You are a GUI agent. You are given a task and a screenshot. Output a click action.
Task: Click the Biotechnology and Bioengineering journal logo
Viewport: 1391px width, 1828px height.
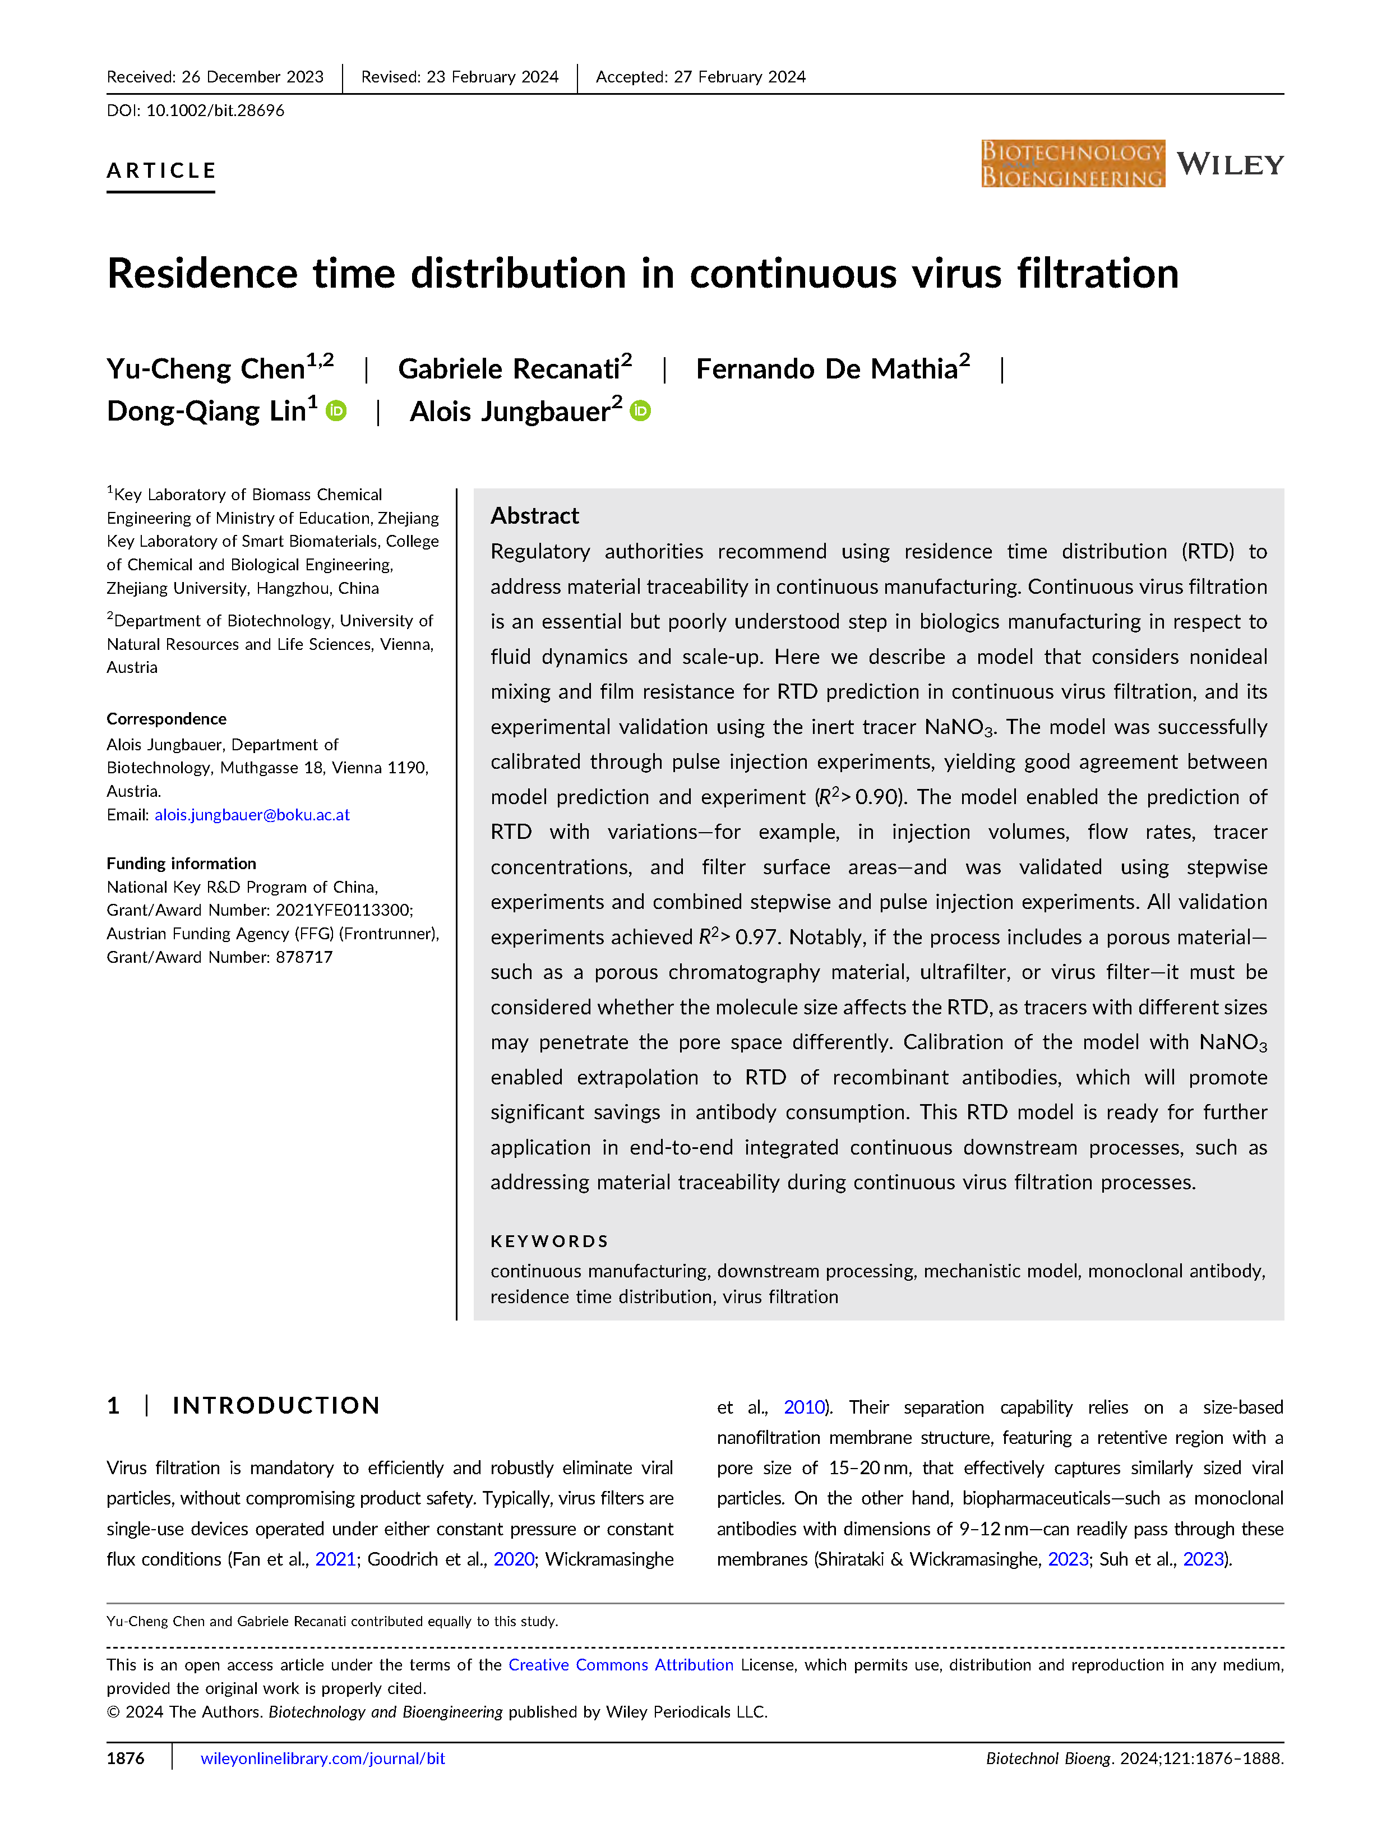(x=1072, y=164)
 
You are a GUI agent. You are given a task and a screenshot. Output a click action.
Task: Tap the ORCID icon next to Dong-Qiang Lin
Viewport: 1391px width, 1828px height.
(x=336, y=410)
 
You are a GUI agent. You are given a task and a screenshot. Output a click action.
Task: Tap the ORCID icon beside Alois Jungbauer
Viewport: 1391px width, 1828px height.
(x=641, y=410)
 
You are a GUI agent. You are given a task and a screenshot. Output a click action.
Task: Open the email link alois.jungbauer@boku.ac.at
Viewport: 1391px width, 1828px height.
(x=252, y=815)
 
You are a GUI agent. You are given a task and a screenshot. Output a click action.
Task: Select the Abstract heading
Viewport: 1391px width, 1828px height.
(x=534, y=516)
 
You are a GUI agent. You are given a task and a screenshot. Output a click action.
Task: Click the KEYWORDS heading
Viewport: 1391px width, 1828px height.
(x=549, y=1241)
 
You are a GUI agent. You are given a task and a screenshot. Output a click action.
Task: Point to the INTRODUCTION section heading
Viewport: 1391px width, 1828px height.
(x=276, y=1406)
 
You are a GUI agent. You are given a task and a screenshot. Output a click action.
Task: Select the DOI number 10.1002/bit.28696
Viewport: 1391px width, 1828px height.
(x=215, y=110)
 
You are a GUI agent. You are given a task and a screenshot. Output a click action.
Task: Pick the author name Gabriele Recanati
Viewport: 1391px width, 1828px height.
(x=509, y=368)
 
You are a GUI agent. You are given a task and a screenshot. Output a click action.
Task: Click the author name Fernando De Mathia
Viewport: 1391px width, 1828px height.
(x=826, y=368)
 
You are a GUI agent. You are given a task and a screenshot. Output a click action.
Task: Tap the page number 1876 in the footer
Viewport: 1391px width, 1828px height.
(x=126, y=1758)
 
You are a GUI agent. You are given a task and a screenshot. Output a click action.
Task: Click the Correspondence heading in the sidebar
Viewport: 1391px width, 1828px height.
(x=167, y=719)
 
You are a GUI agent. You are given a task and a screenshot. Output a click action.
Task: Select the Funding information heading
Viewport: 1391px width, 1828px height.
(x=181, y=864)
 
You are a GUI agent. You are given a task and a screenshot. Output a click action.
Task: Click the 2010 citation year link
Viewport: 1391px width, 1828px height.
(x=804, y=1407)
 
